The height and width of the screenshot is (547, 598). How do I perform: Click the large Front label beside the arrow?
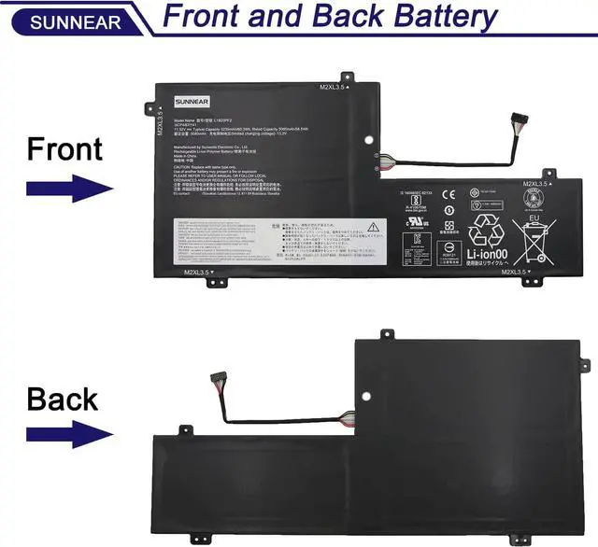point(64,148)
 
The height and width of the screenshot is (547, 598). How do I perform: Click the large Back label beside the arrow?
point(62,400)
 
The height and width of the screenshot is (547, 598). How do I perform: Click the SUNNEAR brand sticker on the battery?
point(191,101)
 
